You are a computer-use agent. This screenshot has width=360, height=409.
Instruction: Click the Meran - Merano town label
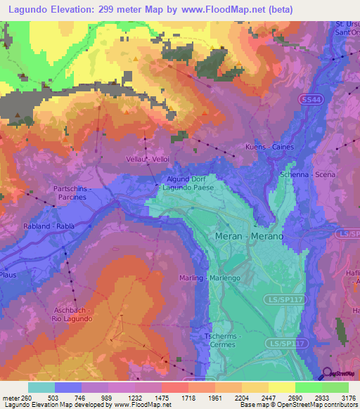tap(249, 236)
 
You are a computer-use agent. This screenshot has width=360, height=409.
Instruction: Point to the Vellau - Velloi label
tap(148, 160)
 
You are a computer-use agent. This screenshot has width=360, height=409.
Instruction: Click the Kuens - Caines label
tap(269, 147)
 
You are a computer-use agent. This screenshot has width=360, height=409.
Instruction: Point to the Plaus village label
tap(8, 275)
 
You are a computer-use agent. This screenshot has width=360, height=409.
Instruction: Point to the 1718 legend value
tap(187, 398)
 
